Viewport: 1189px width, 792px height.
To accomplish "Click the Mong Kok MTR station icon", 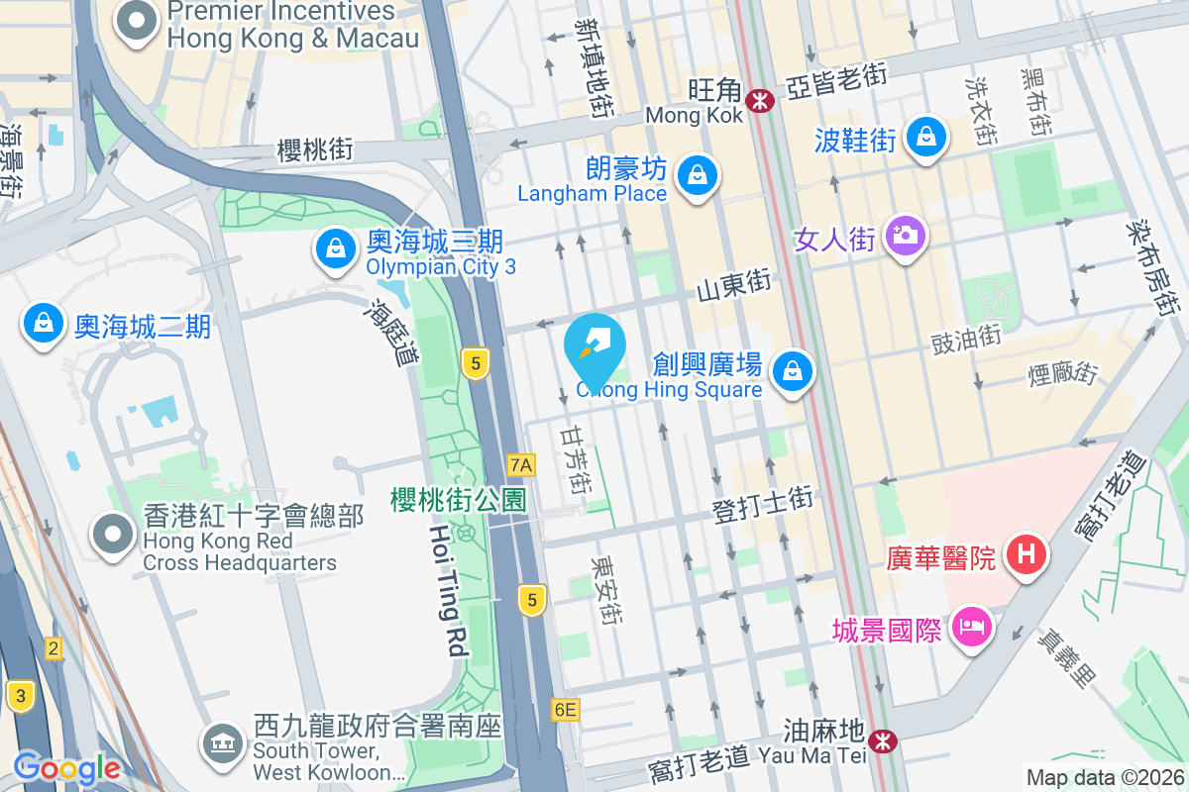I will [x=761, y=100].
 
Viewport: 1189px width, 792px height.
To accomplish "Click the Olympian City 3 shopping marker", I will [x=337, y=249].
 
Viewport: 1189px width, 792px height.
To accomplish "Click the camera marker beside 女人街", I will [x=904, y=237].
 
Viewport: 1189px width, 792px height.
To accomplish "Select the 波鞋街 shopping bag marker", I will [x=926, y=136].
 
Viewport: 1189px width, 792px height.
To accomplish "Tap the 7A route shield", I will [x=520, y=464].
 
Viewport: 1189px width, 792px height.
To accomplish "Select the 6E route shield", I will [x=566, y=709].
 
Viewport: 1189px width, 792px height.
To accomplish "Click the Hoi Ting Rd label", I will [x=448, y=590].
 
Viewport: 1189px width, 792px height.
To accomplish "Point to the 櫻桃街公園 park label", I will [x=458, y=499].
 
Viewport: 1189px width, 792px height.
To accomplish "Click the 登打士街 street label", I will [x=763, y=504].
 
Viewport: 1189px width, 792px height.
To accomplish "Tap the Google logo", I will [x=66, y=768].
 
